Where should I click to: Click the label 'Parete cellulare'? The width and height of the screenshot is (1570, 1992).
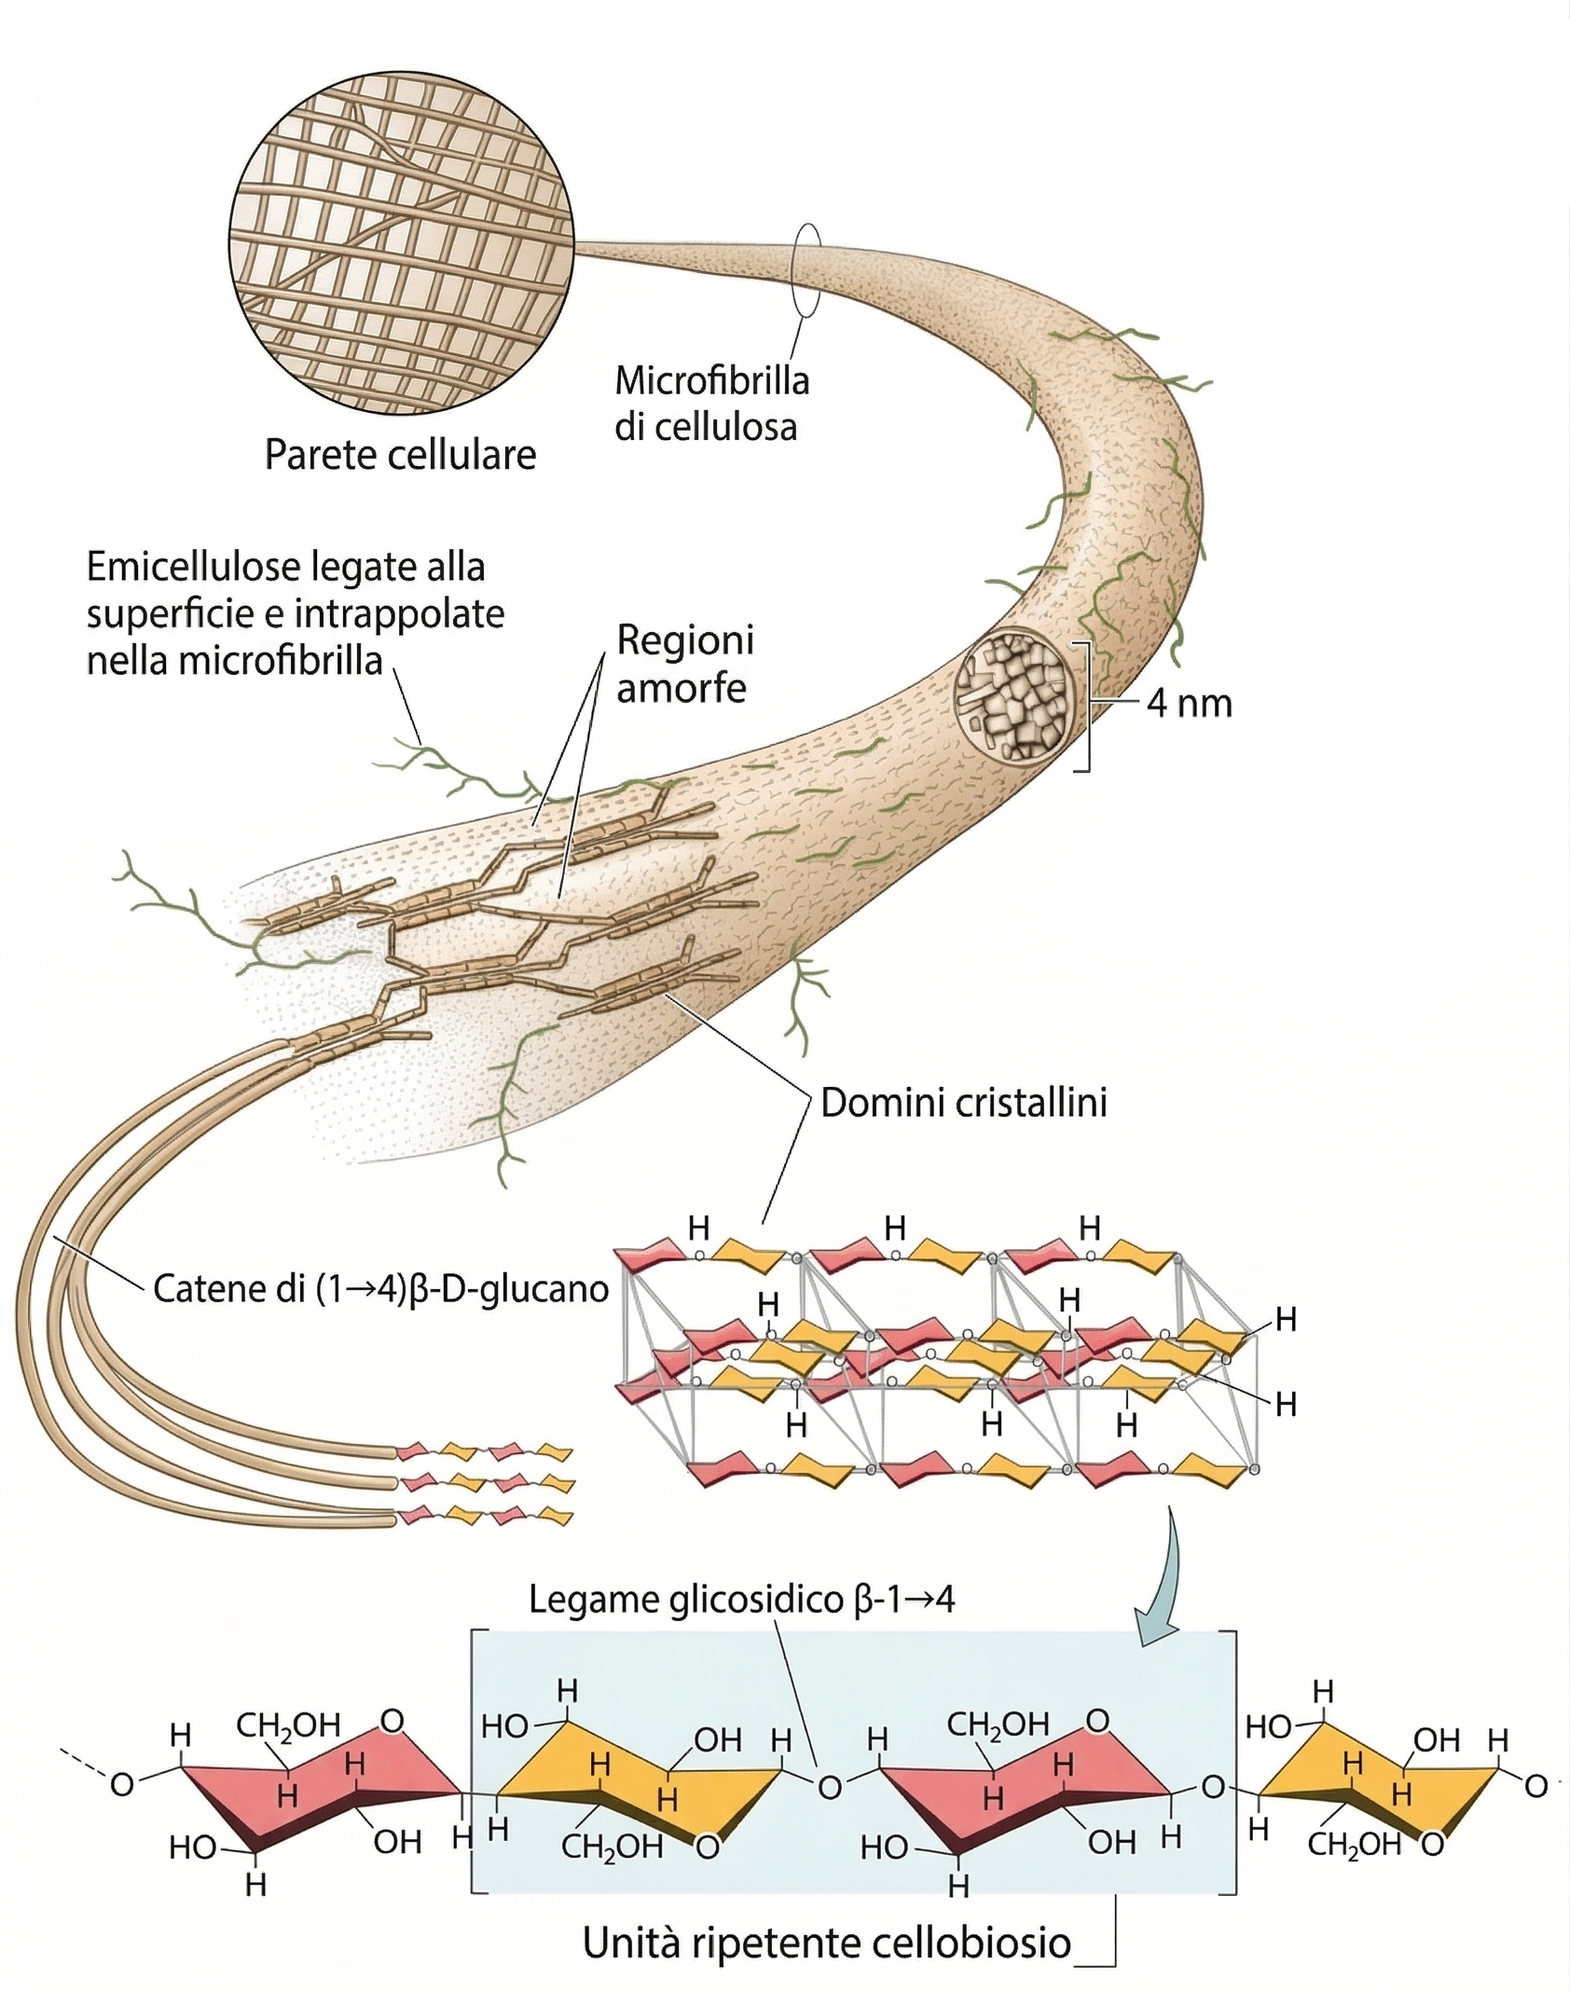(x=400, y=455)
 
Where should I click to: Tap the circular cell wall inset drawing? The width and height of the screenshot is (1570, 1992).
(x=401, y=243)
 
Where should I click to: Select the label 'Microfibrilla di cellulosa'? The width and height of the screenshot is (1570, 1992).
(x=710, y=404)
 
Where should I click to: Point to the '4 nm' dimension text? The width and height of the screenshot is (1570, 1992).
(x=1189, y=703)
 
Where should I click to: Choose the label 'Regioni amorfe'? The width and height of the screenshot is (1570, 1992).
(x=684, y=664)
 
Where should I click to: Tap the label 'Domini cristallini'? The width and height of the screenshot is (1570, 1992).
(x=964, y=1103)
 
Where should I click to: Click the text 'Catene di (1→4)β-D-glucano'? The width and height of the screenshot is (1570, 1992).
(x=380, y=1288)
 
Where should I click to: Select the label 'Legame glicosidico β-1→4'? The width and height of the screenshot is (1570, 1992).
(x=741, y=1599)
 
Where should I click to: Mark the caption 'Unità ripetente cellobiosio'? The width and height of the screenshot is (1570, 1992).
(x=827, y=1944)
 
